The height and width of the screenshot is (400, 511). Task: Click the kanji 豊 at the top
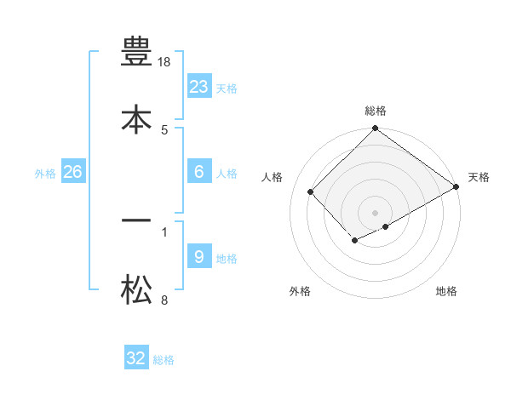[x=135, y=52]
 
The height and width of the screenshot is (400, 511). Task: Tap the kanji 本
[x=135, y=120]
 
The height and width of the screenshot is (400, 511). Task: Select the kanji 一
[x=135, y=220]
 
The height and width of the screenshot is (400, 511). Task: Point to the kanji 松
[x=135, y=290]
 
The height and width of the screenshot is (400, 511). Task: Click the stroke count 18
[x=165, y=62]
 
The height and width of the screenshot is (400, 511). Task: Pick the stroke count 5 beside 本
[x=164, y=130]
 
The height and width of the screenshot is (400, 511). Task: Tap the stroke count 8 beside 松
[x=164, y=300]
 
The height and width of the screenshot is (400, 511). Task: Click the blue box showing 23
[x=199, y=87]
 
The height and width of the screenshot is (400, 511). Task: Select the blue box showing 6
[x=199, y=172]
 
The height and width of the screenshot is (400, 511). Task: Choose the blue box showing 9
[x=198, y=257]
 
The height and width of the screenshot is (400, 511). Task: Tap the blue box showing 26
[x=73, y=172]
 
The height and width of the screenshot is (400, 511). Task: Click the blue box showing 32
[x=136, y=358]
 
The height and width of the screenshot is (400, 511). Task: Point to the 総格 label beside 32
[x=164, y=360]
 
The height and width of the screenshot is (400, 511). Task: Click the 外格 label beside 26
[x=45, y=173]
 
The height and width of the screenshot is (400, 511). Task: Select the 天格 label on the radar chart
[x=479, y=177]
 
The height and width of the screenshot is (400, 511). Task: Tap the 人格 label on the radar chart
[x=273, y=177]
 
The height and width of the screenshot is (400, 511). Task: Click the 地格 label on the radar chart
[x=446, y=291]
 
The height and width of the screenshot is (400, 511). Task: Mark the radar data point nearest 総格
[x=375, y=129]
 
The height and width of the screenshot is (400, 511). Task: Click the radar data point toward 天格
[x=456, y=187]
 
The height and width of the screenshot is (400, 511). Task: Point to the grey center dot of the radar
[x=375, y=212]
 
